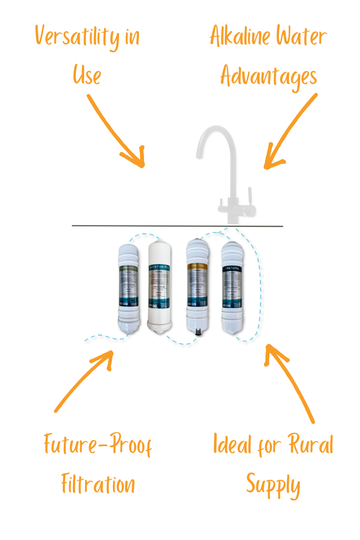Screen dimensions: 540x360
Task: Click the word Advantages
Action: [x=269, y=76]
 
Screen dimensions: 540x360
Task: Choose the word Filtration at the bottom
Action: [x=98, y=485]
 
